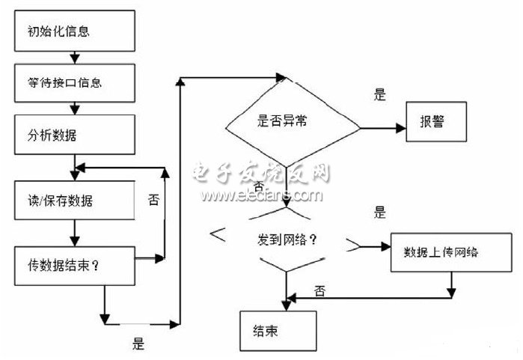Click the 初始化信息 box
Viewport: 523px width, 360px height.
72,32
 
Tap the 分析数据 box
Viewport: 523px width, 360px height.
72,135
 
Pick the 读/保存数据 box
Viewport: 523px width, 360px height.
72,201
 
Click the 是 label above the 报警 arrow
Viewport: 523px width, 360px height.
379,95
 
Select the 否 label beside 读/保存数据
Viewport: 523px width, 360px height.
154,199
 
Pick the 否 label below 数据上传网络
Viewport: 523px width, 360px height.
320,288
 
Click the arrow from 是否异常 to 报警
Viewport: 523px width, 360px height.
382,128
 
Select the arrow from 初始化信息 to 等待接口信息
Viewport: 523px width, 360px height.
72,57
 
